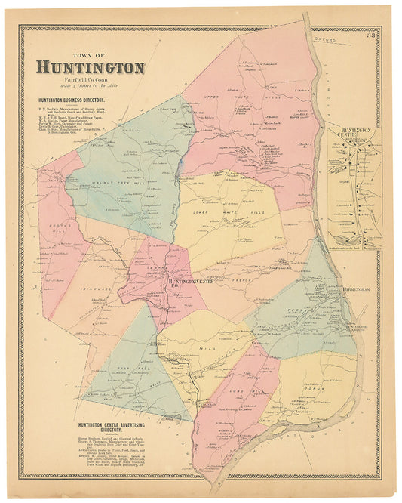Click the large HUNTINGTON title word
click(x=90, y=68)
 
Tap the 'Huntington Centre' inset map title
click(x=358, y=133)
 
